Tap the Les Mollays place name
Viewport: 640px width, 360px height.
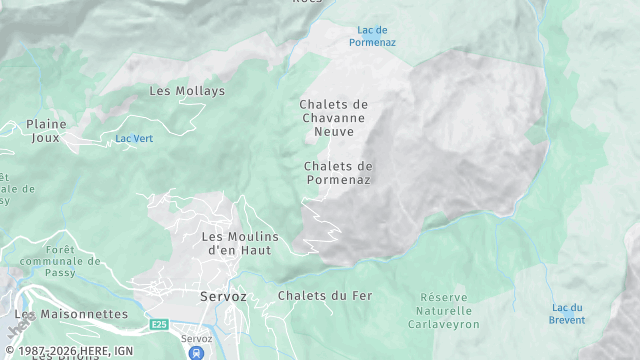click(187, 91)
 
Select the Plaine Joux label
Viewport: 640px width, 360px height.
click(46, 132)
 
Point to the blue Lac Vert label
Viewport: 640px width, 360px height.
click(134, 137)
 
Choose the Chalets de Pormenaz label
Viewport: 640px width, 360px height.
click(338, 172)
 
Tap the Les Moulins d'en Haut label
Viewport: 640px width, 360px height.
click(240, 243)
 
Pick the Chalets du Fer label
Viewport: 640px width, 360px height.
click(326, 296)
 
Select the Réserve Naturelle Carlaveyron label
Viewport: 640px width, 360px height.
click(450, 311)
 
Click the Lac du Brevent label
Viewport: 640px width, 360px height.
click(567, 314)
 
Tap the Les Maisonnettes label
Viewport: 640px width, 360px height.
click(71, 314)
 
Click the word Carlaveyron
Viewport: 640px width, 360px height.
click(450, 324)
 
